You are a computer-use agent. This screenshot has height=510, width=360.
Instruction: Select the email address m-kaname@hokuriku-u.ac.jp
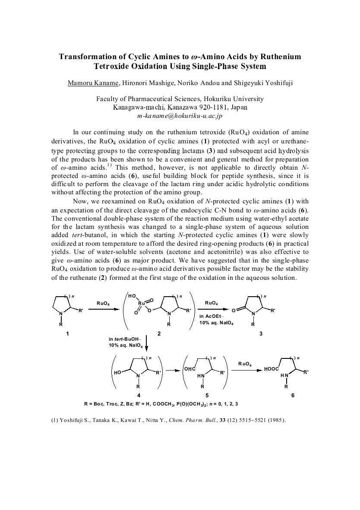(x=180, y=116)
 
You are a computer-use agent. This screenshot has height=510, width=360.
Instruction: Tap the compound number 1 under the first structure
(x=67, y=333)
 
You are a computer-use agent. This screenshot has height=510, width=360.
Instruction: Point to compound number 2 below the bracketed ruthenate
(x=159, y=333)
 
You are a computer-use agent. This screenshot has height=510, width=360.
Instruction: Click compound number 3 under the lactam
(x=261, y=333)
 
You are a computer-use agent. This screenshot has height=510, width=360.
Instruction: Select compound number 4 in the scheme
(x=138, y=395)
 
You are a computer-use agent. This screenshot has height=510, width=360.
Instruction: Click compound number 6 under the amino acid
(x=293, y=395)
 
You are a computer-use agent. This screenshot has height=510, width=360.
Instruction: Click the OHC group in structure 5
(x=190, y=368)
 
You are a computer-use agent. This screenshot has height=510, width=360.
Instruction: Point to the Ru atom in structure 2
(x=140, y=304)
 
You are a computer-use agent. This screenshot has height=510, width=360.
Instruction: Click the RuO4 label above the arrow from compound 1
(x=103, y=304)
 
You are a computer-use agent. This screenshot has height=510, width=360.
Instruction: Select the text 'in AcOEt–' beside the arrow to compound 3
(x=212, y=316)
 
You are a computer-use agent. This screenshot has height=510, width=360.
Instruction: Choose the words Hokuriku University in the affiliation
(x=235, y=99)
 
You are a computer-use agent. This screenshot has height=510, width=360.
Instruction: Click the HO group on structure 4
(x=117, y=372)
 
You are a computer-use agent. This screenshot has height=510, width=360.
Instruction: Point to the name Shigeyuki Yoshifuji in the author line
(x=263, y=83)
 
